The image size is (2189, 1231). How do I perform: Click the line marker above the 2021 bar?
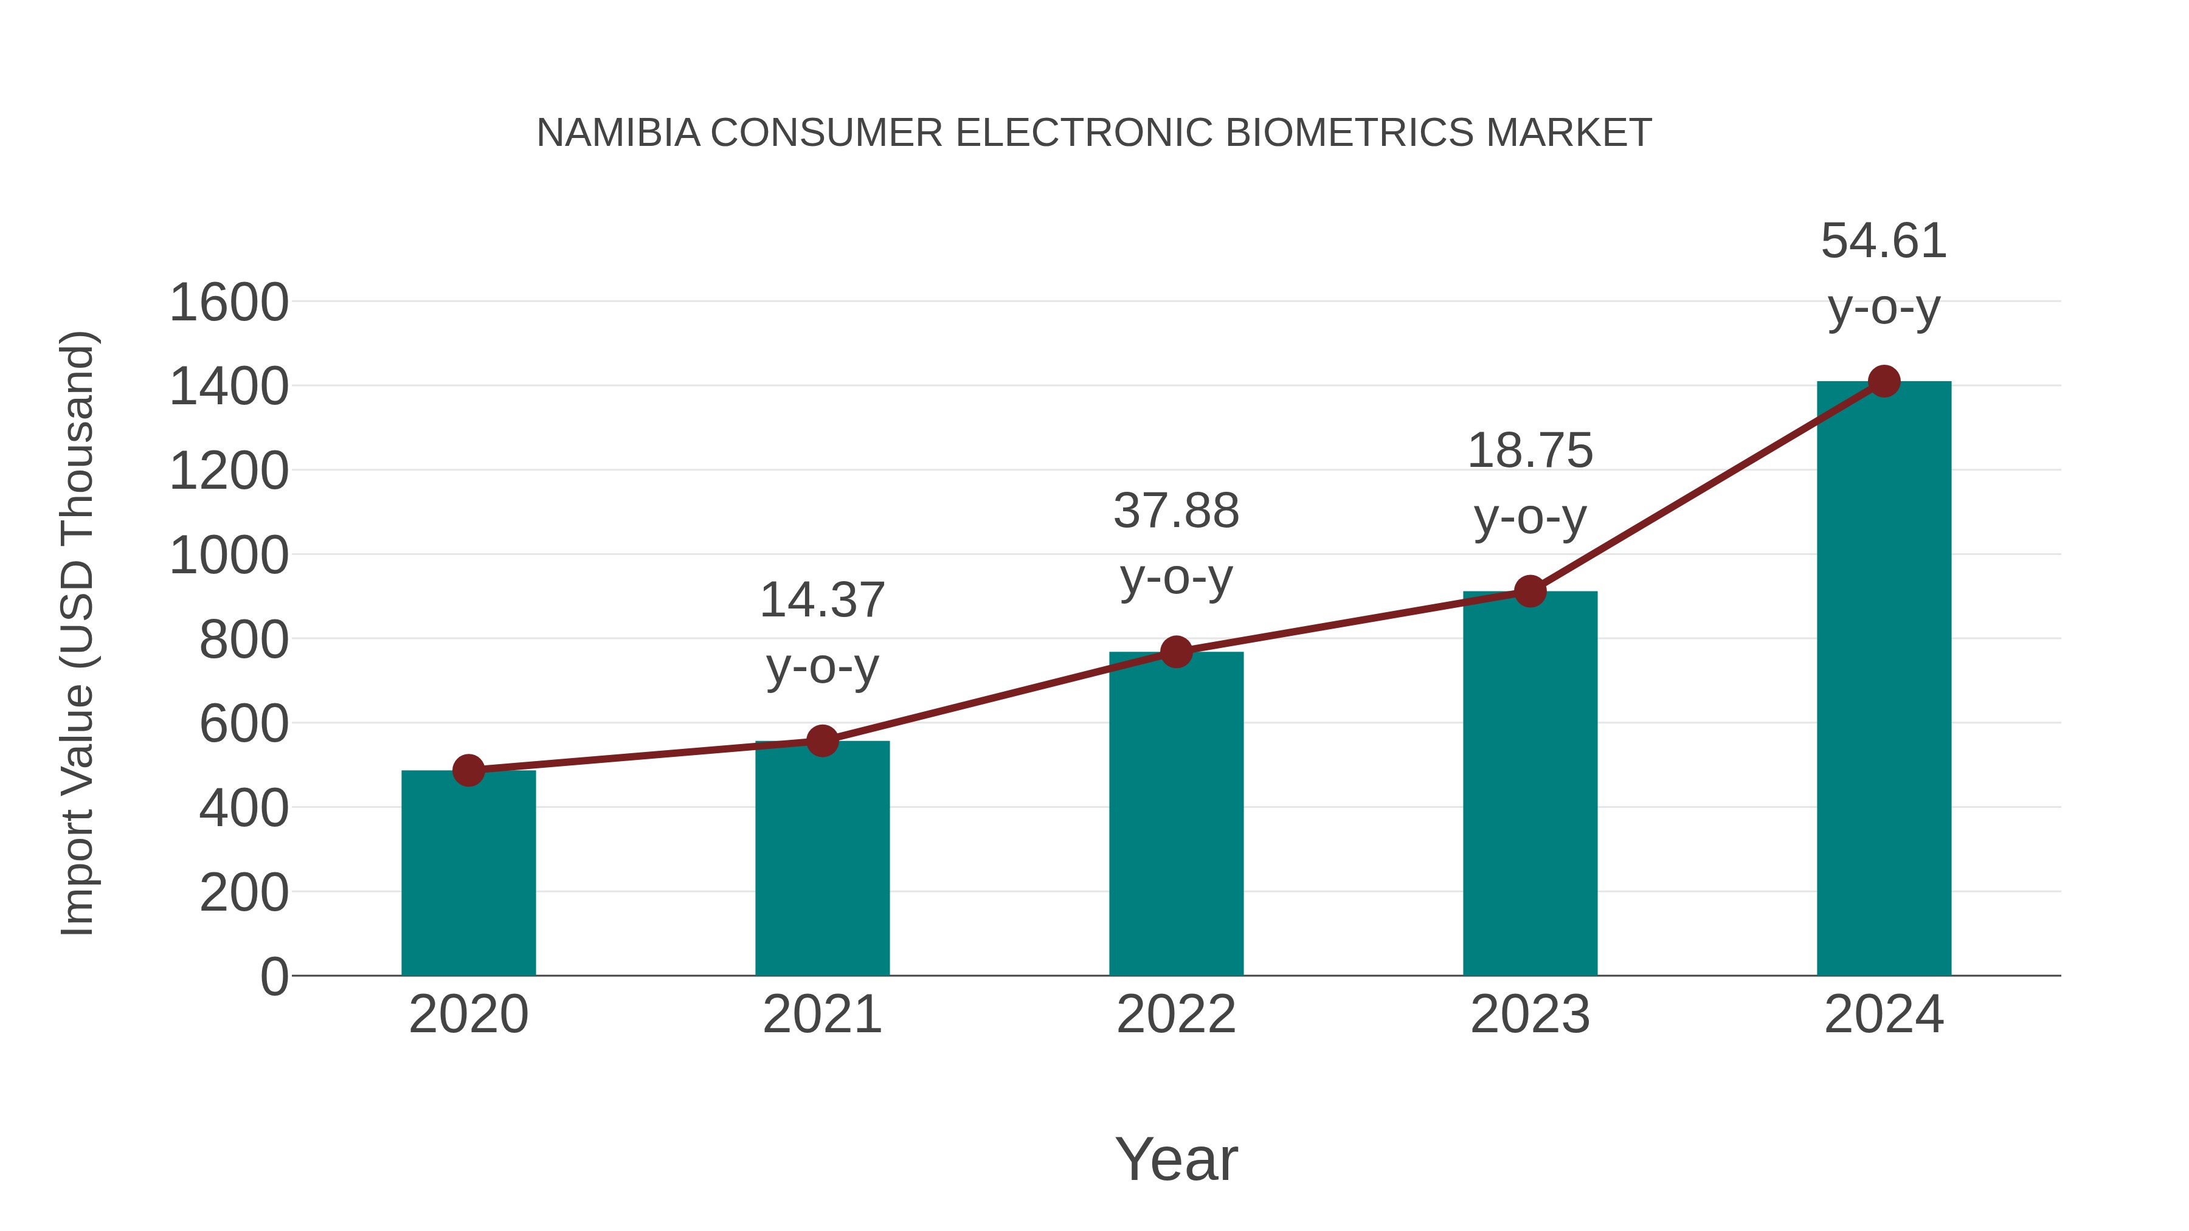click(x=821, y=741)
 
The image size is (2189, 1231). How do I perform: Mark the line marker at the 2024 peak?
click(x=1884, y=381)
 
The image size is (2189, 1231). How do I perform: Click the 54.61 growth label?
click(x=1884, y=241)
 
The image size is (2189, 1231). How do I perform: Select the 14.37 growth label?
click(x=821, y=601)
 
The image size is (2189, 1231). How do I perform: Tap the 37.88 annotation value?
click(x=1176, y=511)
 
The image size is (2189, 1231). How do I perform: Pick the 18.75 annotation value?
click(x=1530, y=451)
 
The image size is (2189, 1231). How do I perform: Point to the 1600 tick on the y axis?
click(x=229, y=303)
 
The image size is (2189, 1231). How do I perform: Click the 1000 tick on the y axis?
click(x=229, y=556)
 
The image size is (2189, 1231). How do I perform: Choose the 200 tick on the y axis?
click(x=243, y=894)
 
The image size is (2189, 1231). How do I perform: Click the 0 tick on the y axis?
click(x=274, y=977)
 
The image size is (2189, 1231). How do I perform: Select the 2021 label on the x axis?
click(x=821, y=1015)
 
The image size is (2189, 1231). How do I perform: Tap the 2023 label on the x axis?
click(x=1530, y=1015)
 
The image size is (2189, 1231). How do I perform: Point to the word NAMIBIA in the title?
click(x=618, y=133)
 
